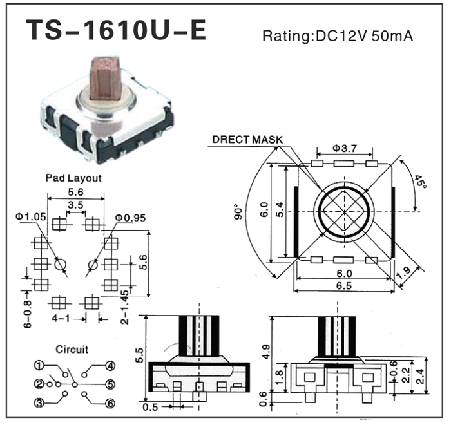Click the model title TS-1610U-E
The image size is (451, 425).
pos(116,30)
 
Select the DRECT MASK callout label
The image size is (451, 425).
pos(247,139)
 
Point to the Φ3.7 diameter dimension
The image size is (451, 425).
pos(345,148)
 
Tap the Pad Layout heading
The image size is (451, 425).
pos(73,177)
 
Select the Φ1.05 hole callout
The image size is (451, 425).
pos(31,216)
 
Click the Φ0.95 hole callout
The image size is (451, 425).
pos(131,216)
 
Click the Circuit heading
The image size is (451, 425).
pos(71,350)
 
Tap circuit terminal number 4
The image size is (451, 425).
pos(111,366)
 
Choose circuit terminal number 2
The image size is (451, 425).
pos(41,384)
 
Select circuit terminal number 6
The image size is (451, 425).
pos(111,403)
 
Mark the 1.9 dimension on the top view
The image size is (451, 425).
pos(404,276)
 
